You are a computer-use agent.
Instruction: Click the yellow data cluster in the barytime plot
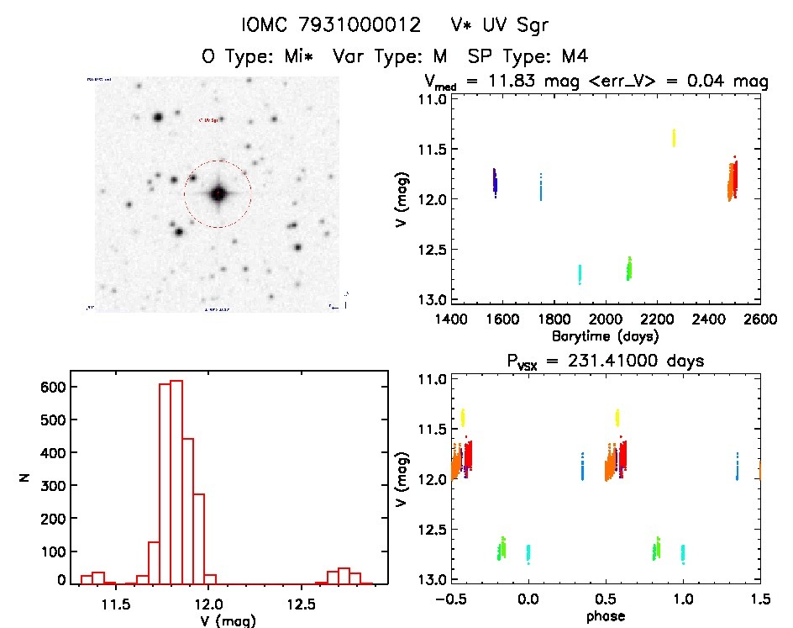point(674,138)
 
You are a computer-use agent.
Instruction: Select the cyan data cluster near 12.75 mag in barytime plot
point(580,274)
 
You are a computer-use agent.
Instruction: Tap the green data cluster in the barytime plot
point(629,268)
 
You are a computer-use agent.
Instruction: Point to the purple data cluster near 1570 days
point(496,181)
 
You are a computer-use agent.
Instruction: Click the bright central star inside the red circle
point(218,193)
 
